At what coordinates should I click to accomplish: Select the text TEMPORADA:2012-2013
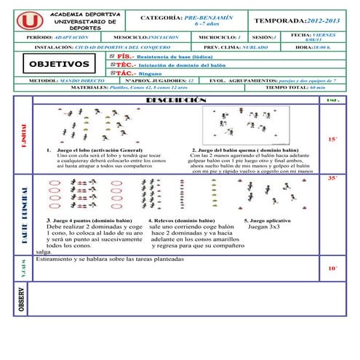(x=297, y=23)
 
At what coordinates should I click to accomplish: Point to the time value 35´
(x=332, y=177)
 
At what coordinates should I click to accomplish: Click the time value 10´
(x=332, y=268)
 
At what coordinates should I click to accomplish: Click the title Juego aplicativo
(x=271, y=220)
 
